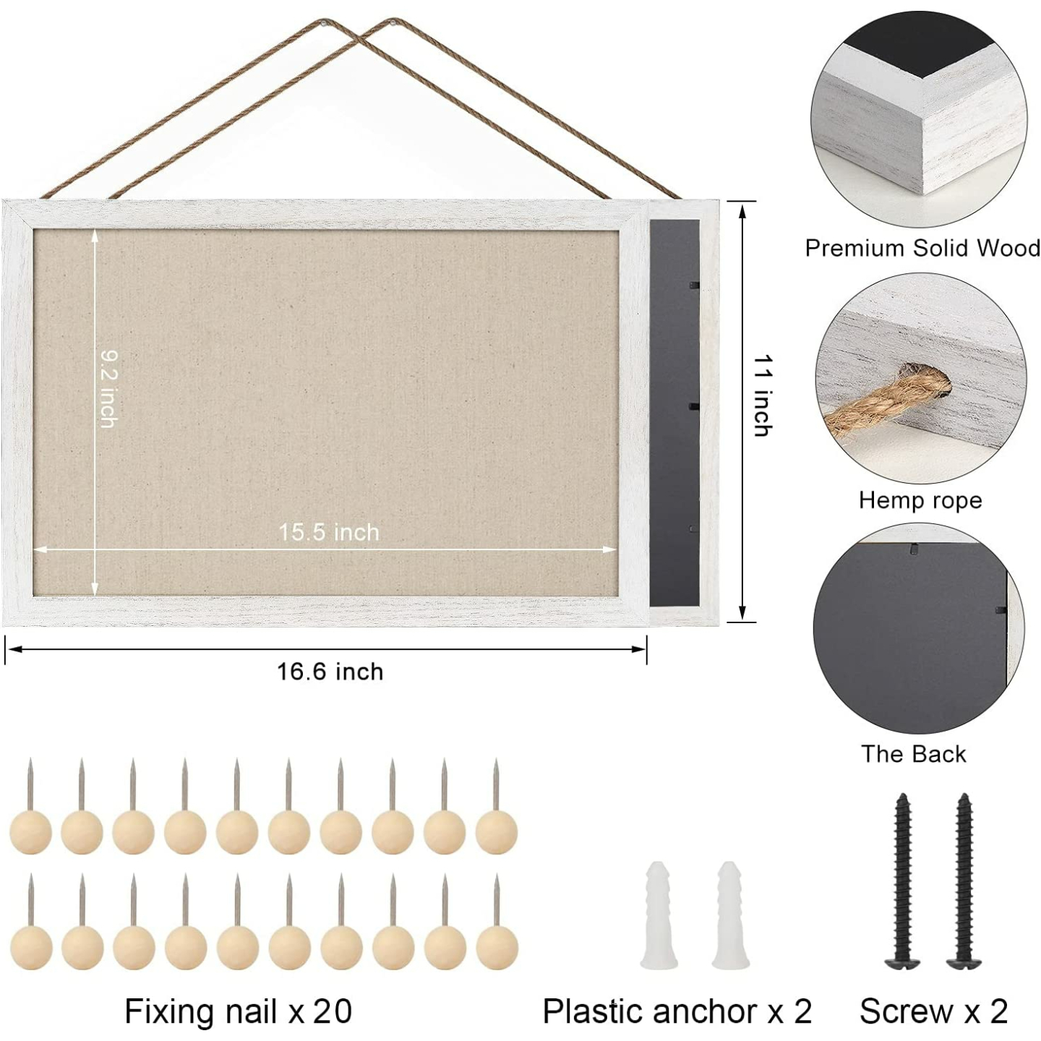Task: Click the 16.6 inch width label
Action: [x=330, y=672]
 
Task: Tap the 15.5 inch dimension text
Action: [x=329, y=532]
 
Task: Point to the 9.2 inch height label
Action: [x=108, y=389]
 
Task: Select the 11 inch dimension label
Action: [x=762, y=396]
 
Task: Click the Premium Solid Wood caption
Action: [x=922, y=248]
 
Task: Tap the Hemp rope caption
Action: [x=920, y=500]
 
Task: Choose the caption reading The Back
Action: [x=913, y=754]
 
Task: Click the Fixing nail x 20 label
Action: [x=238, y=1011]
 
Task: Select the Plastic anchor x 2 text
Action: [x=677, y=1011]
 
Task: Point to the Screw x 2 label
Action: [x=933, y=1011]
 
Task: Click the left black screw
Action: [x=902, y=882]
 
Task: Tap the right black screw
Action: [x=964, y=882]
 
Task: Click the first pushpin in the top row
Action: [x=30, y=831]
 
